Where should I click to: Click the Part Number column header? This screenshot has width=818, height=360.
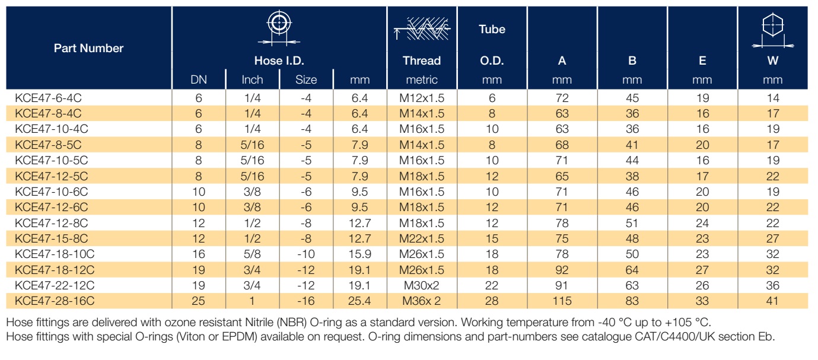(89, 48)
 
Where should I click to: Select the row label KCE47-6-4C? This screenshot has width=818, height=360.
(48, 98)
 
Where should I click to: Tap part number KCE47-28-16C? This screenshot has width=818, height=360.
(55, 301)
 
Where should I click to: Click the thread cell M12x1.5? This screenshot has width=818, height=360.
(422, 98)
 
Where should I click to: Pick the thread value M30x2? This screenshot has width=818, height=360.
(421, 285)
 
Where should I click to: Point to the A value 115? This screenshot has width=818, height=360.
(562, 301)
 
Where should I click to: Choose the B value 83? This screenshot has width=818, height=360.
(632, 301)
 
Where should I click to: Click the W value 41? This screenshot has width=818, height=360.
(772, 301)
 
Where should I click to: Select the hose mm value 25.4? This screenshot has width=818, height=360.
(359, 301)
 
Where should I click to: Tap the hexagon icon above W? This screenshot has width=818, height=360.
(773, 31)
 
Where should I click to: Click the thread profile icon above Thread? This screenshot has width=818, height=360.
(422, 28)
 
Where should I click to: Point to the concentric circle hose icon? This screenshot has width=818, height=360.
(279, 28)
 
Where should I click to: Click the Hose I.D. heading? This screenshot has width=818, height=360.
(279, 60)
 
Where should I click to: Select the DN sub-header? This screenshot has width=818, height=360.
(199, 79)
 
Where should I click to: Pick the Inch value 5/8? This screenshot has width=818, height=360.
(252, 254)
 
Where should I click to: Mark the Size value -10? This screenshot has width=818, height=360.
(306, 254)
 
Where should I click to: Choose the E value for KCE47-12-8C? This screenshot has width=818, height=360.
(702, 223)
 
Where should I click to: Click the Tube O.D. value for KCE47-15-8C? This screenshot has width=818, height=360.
(492, 238)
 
